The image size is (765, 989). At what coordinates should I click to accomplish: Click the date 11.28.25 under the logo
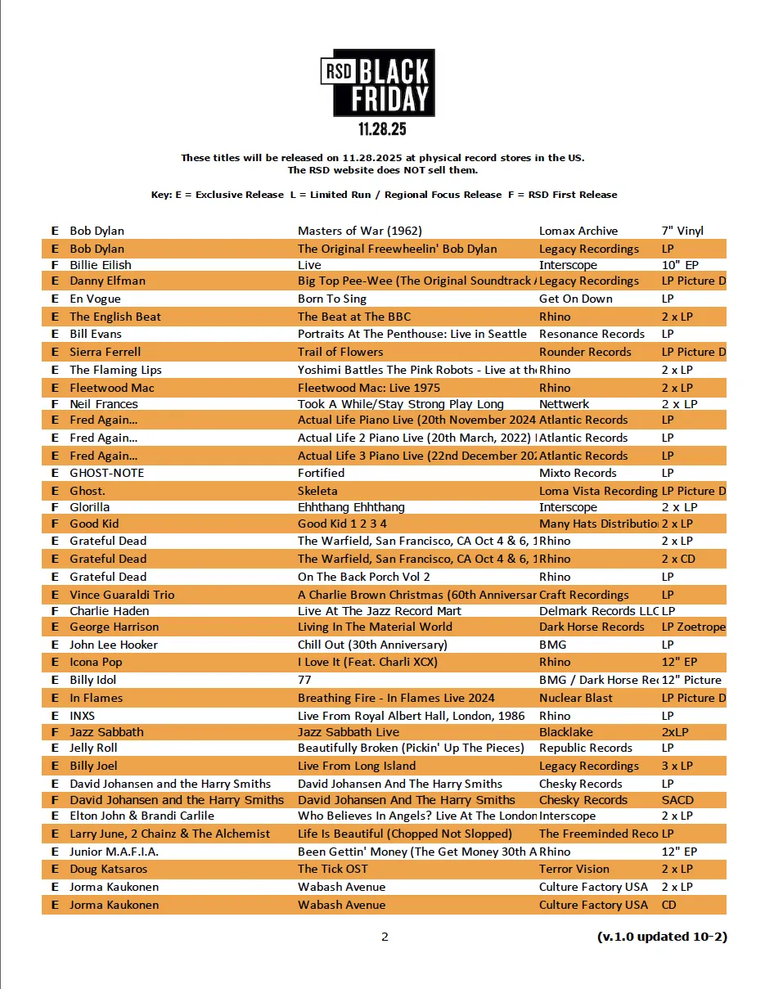pyautogui.click(x=382, y=129)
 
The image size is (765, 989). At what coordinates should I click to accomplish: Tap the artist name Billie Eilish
pyautogui.click(x=101, y=265)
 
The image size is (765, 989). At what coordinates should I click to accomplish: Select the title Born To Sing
pyautogui.click(x=332, y=299)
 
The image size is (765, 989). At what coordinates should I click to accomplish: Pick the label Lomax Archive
pyautogui.click(x=578, y=231)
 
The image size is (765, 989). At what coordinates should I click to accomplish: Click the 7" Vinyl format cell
pyautogui.click(x=682, y=231)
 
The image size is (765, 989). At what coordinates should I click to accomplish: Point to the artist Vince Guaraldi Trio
pyautogui.click(x=122, y=595)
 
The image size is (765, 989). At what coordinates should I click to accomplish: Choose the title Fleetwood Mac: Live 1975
pyautogui.click(x=369, y=388)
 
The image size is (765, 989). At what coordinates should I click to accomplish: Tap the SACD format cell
pyautogui.click(x=677, y=800)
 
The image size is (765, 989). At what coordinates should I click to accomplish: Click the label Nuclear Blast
pyautogui.click(x=576, y=698)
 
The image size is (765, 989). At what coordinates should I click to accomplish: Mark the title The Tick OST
pyautogui.click(x=333, y=869)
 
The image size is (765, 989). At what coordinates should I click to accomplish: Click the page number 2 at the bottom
pyautogui.click(x=385, y=937)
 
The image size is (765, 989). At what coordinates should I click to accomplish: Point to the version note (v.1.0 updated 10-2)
pyautogui.click(x=662, y=937)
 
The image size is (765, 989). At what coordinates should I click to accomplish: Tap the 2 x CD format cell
pyautogui.click(x=677, y=559)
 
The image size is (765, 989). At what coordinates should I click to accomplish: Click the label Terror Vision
pyautogui.click(x=574, y=869)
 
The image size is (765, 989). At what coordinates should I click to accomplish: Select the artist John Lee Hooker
pyautogui.click(x=114, y=645)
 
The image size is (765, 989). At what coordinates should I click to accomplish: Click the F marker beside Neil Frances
pyautogui.click(x=55, y=404)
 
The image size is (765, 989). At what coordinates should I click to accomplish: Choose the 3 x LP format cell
pyautogui.click(x=677, y=766)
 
